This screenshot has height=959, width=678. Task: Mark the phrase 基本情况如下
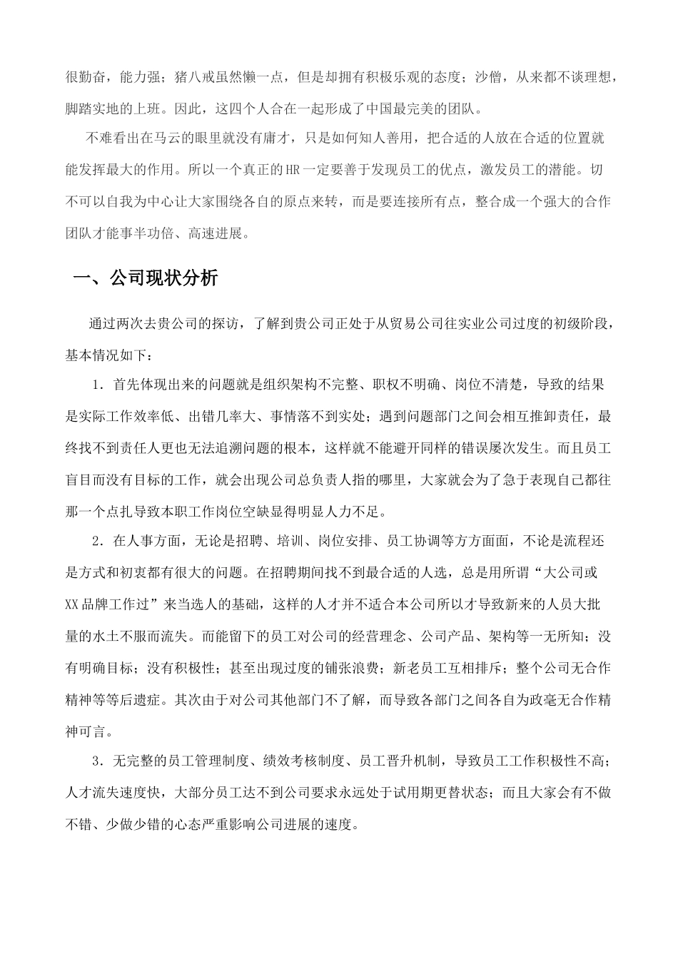(x=103, y=355)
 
